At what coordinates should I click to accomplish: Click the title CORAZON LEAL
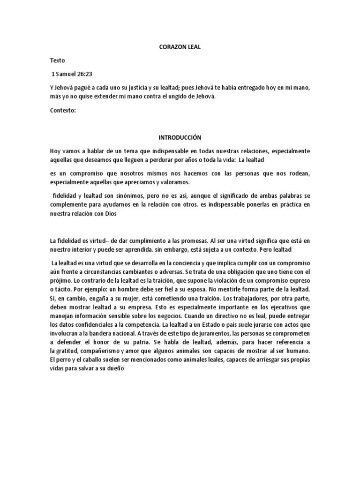180,47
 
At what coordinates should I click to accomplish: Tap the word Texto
58,60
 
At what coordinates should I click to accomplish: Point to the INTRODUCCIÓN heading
180,138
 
